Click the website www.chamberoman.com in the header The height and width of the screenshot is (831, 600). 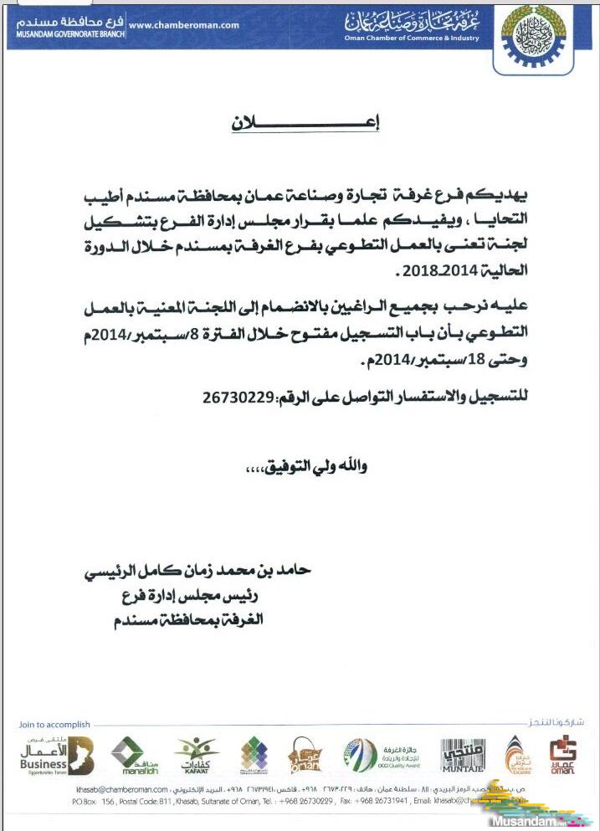pos(185,25)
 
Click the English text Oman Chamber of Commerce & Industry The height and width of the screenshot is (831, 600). pos(412,38)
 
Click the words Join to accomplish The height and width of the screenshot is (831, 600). pos(55,725)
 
